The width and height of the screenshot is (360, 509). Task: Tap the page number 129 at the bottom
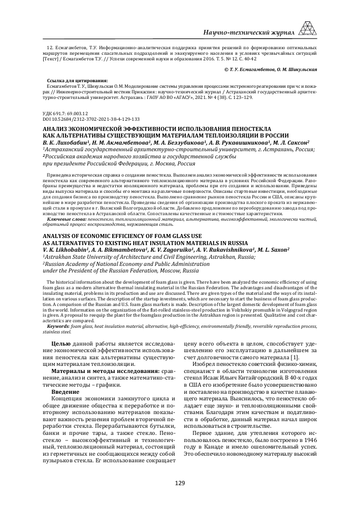tap(180, 483)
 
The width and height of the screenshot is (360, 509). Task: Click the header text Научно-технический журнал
tap(248, 32)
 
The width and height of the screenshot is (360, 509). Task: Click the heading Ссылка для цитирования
tap(77, 80)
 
